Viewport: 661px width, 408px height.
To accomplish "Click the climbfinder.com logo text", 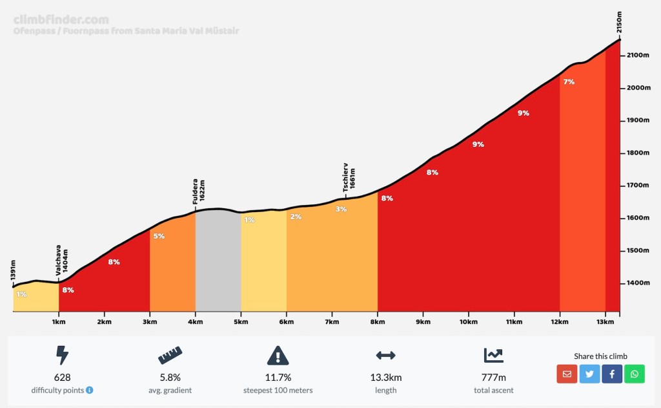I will point(61,19).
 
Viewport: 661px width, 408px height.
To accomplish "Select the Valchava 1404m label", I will point(61,261).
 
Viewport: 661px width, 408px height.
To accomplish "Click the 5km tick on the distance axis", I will point(241,321).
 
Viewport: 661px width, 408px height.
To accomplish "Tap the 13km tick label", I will point(605,321).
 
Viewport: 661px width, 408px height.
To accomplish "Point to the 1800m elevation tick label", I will point(638,153).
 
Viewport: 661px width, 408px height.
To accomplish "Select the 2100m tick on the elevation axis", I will point(638,56).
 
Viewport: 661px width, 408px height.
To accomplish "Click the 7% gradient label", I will point(569,82).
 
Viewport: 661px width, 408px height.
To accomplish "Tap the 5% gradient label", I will point(159,236).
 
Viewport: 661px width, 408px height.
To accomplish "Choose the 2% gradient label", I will point(296,217).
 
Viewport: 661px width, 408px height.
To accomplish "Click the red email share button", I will point(567,374).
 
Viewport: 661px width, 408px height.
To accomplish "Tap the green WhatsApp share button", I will point(635,374).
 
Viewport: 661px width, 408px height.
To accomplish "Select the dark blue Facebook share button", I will point(612,374).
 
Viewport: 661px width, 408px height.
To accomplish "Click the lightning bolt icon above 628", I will point(62,355).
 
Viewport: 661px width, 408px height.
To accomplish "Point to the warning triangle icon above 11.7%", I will point(278,355).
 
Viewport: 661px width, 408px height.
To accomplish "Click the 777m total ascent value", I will point(494,378).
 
